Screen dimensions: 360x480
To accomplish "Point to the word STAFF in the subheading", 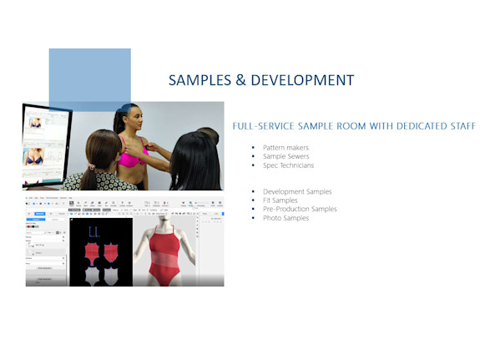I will pos(460,126).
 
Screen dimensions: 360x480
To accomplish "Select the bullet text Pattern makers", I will pos(285,147).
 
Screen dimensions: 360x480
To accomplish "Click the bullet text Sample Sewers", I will pos(285,156).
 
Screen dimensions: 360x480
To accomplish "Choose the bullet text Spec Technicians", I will pos(288,165).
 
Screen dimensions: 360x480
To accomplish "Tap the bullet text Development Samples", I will pos(297,191).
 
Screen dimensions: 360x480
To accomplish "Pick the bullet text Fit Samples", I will pos(280,200).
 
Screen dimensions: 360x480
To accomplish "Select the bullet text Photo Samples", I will pos(285,218).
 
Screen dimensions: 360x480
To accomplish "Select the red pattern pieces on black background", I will pos(100,251).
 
